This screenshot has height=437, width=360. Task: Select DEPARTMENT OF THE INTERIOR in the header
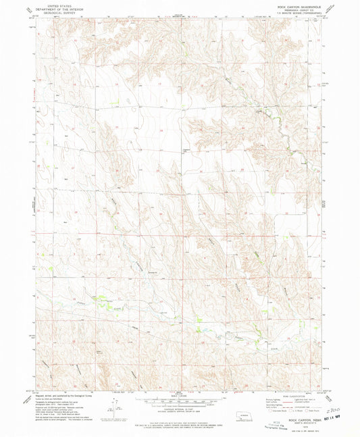click(51, 9)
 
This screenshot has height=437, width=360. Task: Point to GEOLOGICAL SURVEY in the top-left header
click(51, 12)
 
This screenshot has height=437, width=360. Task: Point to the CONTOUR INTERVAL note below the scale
click(180, 405)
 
